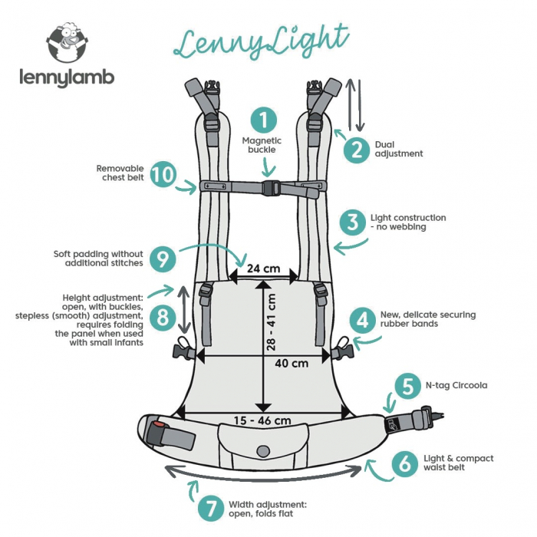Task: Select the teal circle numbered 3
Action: (x=352, y=222)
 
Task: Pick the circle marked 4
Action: (x=362, y=319)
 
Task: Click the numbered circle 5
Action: (x=406, y=385)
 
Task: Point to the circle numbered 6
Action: (x=405, y=463)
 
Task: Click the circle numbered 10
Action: (x=163, y=173)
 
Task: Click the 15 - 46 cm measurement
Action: (x=263, y=420)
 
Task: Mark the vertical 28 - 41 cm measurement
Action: (x=271, y=322)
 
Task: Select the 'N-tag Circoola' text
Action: (x=456, y=385)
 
